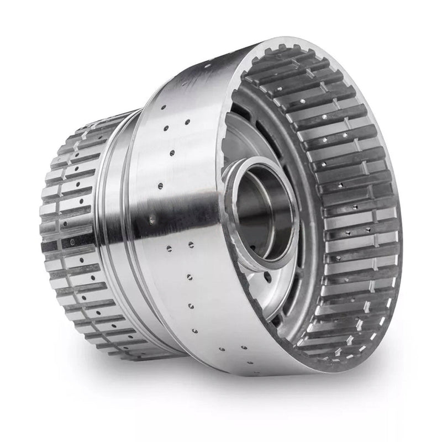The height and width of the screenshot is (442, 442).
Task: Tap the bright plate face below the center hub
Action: point(271,287)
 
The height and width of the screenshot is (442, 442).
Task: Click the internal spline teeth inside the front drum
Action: point(354,210)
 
